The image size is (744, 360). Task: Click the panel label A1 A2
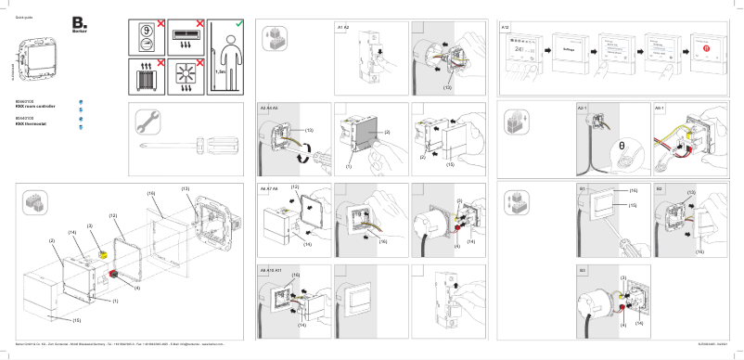342,28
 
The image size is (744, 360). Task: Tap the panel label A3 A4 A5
269,108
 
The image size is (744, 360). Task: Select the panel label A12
506,28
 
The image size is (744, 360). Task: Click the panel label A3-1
583,108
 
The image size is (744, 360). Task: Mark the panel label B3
582,269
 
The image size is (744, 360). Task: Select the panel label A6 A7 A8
269,188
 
